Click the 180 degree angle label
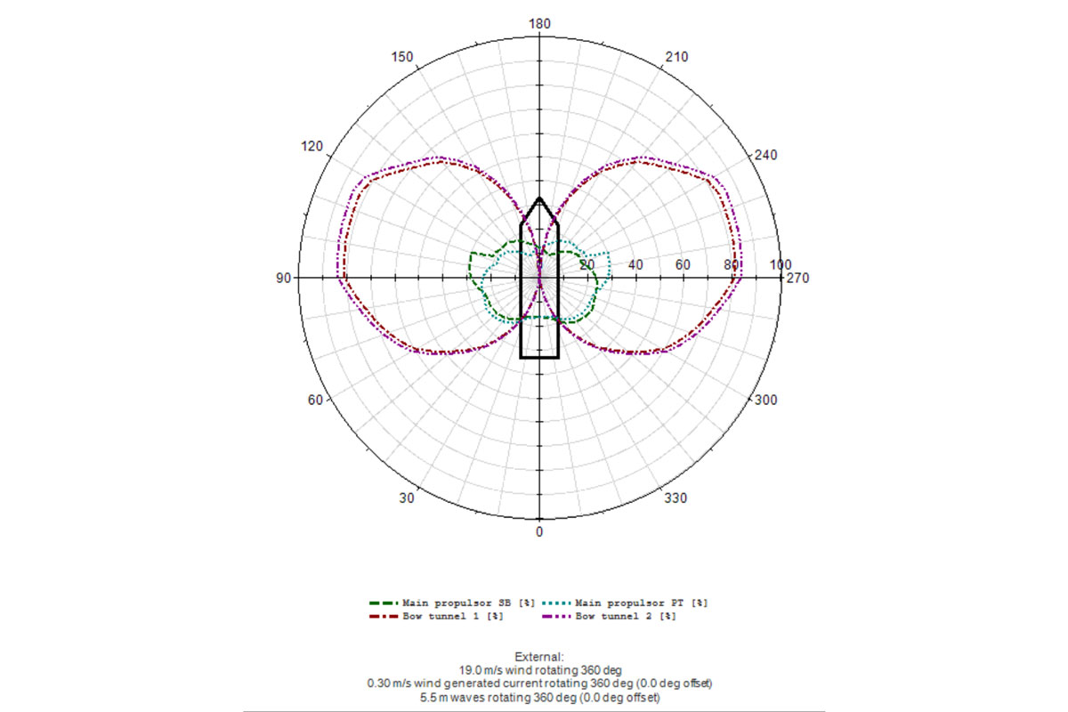[x=539, y=24]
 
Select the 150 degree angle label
[x=402, y=57]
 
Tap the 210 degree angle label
[x=676, y=57]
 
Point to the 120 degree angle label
[x=311, y=146]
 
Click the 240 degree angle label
[x=765, y=155]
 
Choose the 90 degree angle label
[x=283, y=278]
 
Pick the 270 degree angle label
[x=797, y=278]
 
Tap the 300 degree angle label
[x=765, y=400]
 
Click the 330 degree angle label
[x=676, y=498]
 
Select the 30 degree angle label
[x=407, y=498]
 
